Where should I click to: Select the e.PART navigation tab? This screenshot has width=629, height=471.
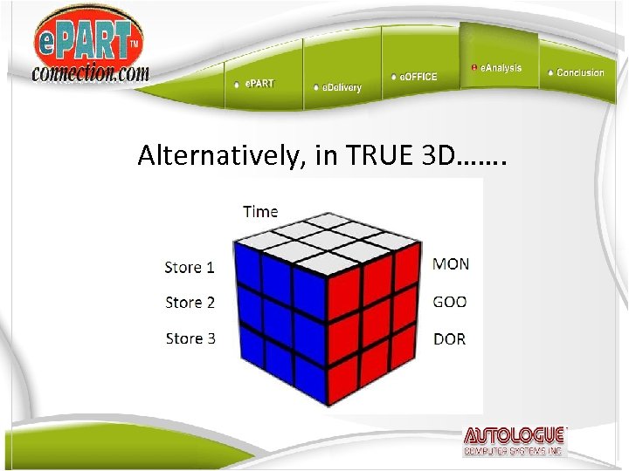coord(259,84)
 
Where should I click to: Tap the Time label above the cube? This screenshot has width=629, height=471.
coord(260,211)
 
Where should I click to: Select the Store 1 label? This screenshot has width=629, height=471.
coord(190,268)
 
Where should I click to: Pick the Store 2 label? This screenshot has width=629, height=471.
coord(190,303)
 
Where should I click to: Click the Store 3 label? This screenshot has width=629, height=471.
coord(190,338)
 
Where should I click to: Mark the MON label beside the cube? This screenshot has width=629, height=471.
coord(451,263)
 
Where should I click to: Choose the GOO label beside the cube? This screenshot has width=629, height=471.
coord(450,302)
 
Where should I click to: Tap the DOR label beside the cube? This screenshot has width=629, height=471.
coord(450,338)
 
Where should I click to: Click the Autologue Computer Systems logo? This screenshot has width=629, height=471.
coord(515,441)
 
